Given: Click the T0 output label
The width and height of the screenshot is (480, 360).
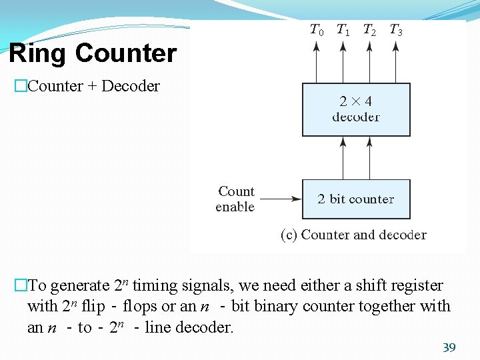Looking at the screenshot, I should [317, 30].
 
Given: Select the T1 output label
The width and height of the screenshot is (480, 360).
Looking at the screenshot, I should [343, 30].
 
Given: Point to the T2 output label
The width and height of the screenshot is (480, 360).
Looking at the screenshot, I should [369, 30].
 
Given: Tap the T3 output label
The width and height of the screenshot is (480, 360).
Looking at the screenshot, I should [395, 30].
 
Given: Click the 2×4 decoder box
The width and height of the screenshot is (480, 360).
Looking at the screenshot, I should [356, 109].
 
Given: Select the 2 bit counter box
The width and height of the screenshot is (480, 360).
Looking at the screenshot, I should [356, 199].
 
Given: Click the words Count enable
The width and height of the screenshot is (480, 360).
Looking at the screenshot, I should [235, 199].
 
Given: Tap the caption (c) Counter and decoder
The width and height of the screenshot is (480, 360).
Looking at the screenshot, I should [353, 235].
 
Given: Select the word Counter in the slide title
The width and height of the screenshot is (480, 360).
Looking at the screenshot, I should [126, 53].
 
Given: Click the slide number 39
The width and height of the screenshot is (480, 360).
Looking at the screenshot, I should [449, 347].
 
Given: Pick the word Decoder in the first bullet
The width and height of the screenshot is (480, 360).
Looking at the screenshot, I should [131, 86].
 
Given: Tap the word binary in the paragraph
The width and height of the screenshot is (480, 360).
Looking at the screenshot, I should [311, 307].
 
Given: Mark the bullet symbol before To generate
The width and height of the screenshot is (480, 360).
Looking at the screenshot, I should [20, 286].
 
